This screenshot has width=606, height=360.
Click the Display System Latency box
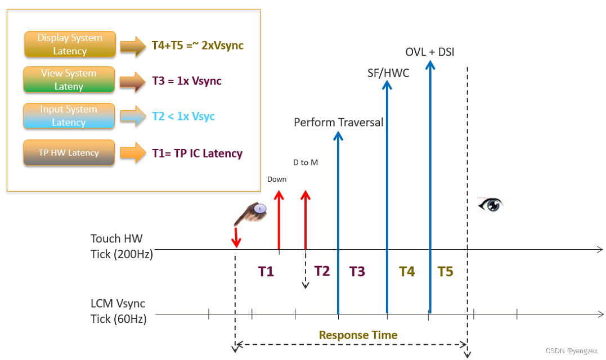(x=70, y=44)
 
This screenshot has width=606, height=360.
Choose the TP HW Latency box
(x=69, y=153)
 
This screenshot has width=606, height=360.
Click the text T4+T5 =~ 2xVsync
(x=197, y=45)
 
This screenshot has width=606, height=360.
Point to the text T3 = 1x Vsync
(x=187, y=80)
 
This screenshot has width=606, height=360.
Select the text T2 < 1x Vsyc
(x=183, y=116)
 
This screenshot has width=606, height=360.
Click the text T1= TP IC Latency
(x=197, y=153)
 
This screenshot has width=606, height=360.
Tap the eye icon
(x=490, y=204)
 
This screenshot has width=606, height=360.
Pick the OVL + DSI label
(x=430, y=52)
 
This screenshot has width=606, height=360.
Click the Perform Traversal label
(x=338, y=122)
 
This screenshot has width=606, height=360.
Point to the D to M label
(x=306, y=162)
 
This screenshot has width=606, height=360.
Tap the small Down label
(x=277, y=179)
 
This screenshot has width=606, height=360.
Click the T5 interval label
(x=445, y=272)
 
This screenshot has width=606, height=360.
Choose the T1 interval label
(x=266, y=272)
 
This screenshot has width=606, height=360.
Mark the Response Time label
(x=358, y=335)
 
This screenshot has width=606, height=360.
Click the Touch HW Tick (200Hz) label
(x=122, y=246)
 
